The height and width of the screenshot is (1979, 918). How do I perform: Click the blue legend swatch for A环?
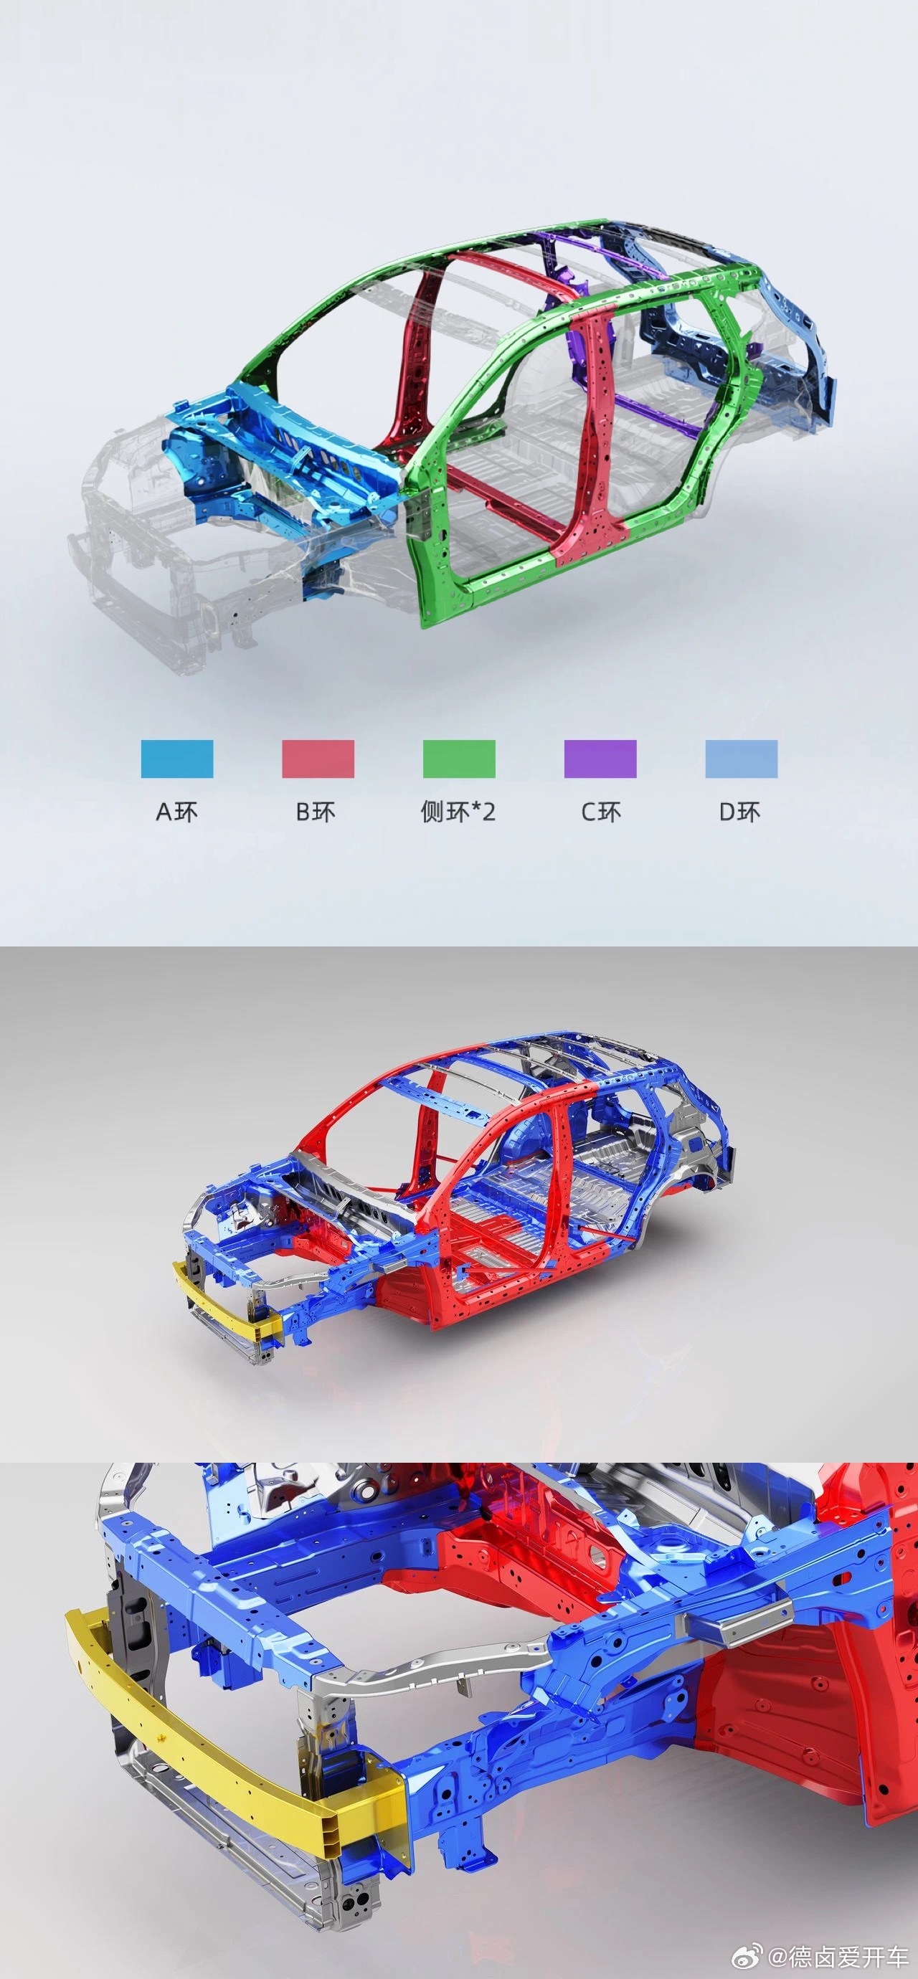click(x=176, y=759)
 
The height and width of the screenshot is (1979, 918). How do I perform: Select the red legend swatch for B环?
click(x=318, y=759)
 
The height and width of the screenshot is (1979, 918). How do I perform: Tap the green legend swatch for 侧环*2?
click(x=458, y=759)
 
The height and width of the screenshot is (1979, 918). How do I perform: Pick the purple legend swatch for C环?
click(x=600, y=759)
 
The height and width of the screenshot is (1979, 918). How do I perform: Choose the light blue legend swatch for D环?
click(x=742, y=759)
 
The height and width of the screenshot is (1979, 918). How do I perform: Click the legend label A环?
click(x=176, y=812)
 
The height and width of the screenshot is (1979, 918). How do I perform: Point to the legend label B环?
click(x=316, y=812)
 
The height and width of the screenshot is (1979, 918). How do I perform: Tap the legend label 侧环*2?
click(x=458, y=812)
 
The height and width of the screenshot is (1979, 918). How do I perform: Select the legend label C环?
click(x=601, y=812)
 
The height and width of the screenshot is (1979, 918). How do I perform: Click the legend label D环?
click(x=739, y=812)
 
